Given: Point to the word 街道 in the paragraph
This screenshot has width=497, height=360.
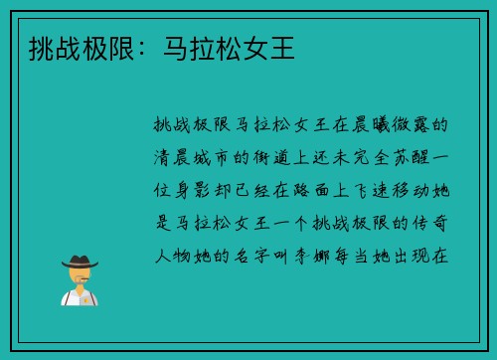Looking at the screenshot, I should pyautogui.click(x=272, y=158).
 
